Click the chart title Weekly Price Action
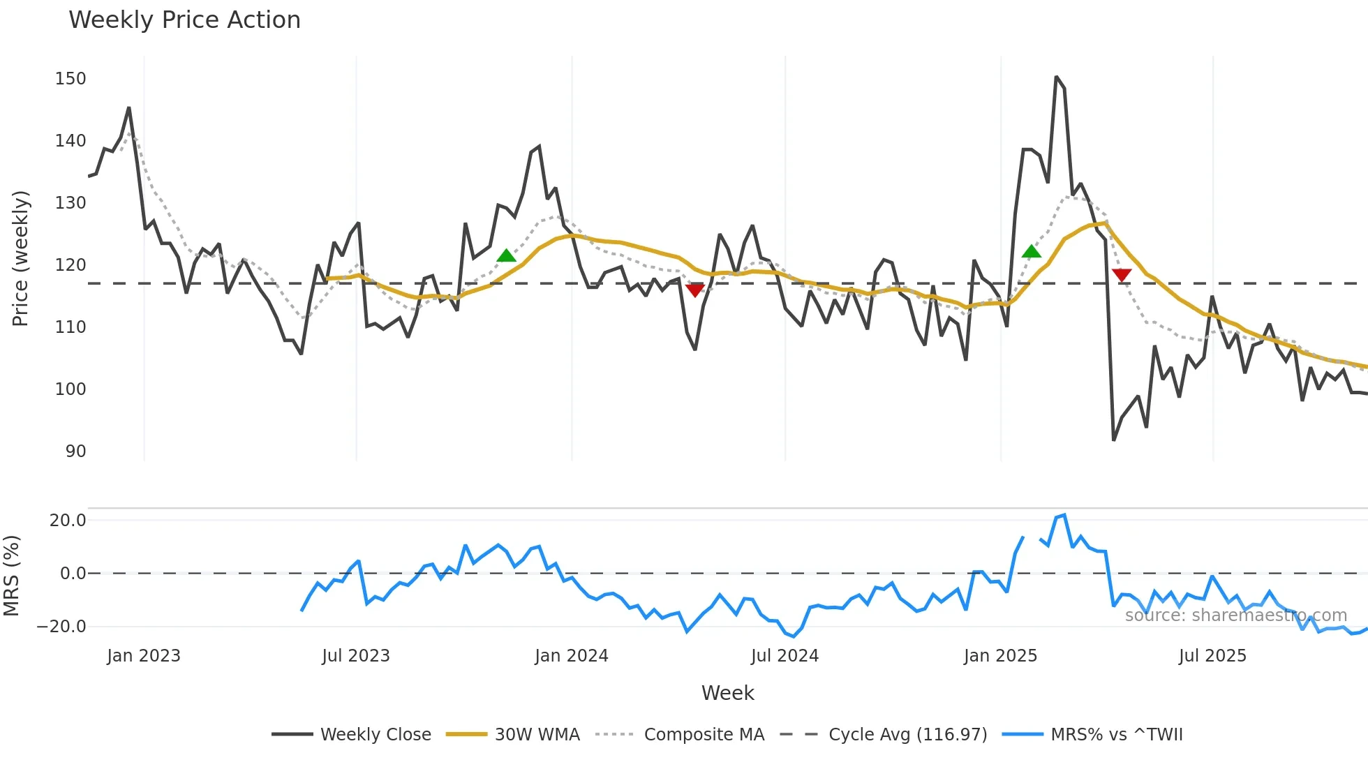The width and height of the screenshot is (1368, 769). [184, 20]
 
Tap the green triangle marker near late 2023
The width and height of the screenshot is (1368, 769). [506, 255]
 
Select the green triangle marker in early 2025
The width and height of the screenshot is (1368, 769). [1031, 251]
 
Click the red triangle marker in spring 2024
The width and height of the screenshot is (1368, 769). [695, 290]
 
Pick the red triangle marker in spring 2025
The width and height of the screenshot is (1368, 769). [1122, 275]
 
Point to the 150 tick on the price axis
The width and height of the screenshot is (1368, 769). [70, 79]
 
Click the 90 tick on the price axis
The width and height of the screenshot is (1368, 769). [75, 451]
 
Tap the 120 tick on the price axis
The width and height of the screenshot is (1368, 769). [70, 265]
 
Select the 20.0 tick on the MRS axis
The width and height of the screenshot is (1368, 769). [68, 521]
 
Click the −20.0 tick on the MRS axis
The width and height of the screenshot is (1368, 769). [61, 627]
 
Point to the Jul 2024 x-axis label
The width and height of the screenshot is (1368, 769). [785, 656]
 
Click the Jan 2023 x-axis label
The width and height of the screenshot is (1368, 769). [144, 656]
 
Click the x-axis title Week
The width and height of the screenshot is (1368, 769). [727, 693]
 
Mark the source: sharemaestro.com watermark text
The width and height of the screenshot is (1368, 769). [1235, 615]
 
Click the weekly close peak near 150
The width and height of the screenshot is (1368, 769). [1056, 77]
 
